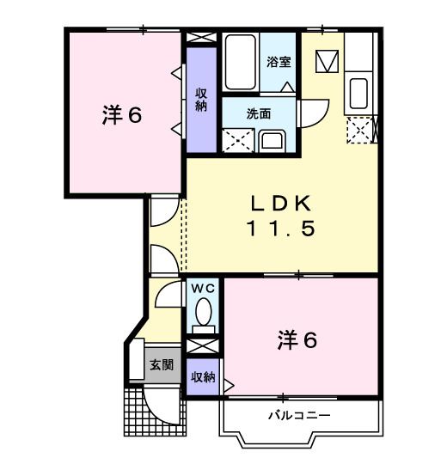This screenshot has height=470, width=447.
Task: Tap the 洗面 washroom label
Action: (259, 113)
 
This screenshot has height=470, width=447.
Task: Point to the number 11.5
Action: (285, 229)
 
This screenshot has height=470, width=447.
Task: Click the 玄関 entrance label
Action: (162, 364)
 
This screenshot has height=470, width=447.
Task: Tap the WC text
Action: (204, 289)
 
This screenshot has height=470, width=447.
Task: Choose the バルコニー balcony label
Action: (297, 416)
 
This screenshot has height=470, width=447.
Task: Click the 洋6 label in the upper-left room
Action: (122, 114)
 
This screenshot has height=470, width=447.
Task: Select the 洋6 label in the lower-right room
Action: (297, 340)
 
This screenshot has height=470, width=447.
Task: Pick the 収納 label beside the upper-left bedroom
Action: (202, 100)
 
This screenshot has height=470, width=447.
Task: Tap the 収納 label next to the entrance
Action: (203, 376)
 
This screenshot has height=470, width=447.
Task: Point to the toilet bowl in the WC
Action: (204, 311)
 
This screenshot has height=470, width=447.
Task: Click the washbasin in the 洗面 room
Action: (272, 139)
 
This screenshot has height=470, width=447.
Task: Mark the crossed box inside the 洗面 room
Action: (237, 140)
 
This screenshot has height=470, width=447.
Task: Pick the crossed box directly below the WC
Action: (203, 345)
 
